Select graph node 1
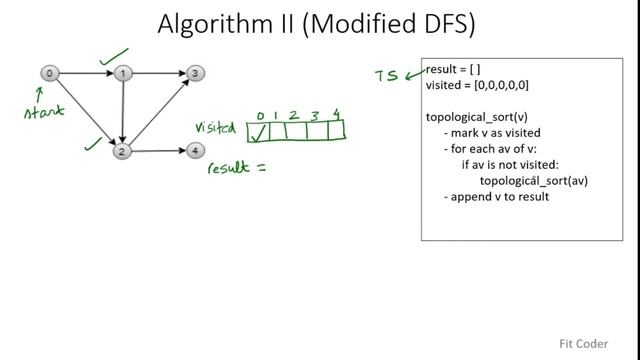pos(122,73)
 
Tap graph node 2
pos(122,151)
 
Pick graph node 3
pos(196,73)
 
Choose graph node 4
pos(196,151)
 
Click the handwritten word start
pos(45,111)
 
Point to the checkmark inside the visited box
pos(259,131)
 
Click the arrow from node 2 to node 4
pos(159,151)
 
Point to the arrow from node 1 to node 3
pos(159,73)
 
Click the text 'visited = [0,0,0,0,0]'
pos(477,86)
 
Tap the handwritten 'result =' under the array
pos(236,168)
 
